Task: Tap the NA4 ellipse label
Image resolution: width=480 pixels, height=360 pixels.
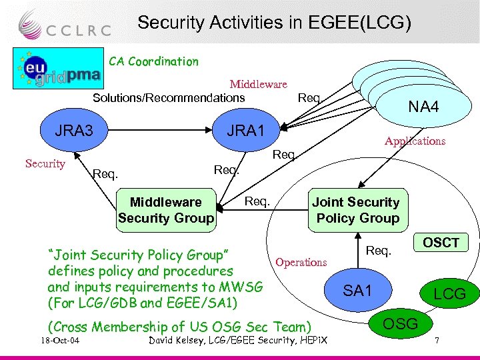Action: [423, 105]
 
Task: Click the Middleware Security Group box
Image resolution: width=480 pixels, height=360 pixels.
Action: [166, 210]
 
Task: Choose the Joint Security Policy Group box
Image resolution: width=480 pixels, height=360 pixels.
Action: [356, 210]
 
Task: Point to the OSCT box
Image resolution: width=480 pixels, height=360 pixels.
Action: [441, 242]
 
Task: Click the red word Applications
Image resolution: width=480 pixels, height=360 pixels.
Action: [415, 141]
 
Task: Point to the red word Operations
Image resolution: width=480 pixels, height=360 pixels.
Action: [301, 262]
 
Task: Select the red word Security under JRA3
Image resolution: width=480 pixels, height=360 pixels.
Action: [45, 163]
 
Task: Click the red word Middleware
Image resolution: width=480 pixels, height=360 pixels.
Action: [258, 84]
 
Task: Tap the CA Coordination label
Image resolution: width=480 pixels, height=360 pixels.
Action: [153, 61]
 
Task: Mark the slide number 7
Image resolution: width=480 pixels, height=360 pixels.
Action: [437, 342]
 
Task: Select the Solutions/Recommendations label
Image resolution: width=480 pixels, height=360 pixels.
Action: [168, 98]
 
